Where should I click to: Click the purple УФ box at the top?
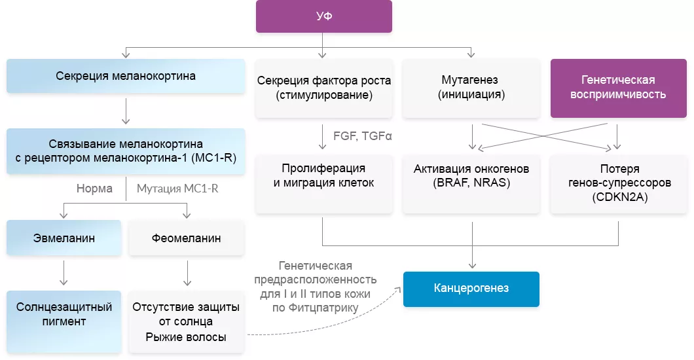point(323,16)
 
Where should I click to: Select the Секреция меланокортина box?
point(125,76)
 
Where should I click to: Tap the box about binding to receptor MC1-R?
point(125,151)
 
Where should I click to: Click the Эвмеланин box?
point(64,238)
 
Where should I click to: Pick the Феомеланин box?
point(186,238)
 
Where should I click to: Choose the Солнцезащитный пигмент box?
point(64,315)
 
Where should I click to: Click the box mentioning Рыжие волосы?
point(186,322)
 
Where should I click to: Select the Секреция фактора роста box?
point(323,88)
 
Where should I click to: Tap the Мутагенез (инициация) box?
point(470,88)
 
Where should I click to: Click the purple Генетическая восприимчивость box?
point(618,88)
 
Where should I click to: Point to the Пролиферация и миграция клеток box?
point(323,176)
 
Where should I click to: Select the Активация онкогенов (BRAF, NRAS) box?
point(471,176)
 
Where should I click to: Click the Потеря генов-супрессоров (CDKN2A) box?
point(618,183)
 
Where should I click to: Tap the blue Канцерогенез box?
point(471,289)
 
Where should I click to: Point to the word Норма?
point(94,189)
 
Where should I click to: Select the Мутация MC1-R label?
point(177,189)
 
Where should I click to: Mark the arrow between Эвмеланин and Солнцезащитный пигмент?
point(64,272)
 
